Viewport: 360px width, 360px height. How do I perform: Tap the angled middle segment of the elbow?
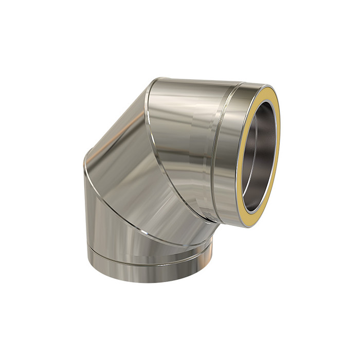[129, 170]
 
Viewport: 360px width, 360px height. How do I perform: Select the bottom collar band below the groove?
[149, 267]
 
